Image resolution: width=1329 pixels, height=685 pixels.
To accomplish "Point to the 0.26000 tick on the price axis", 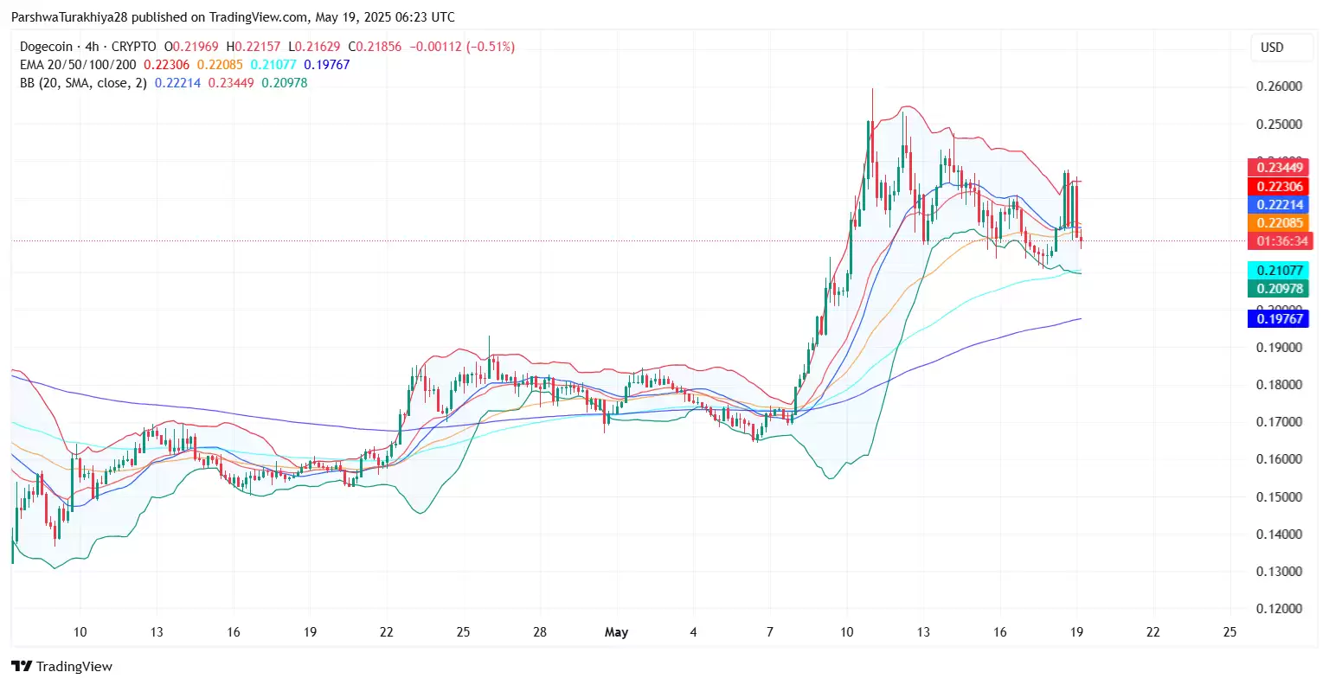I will pos(1279,86).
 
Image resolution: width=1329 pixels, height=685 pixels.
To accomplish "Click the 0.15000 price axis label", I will pos(1279,497).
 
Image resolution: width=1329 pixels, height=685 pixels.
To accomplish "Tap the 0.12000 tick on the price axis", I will pos(1279,609).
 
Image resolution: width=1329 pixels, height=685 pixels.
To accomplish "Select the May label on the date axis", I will pos(616,632).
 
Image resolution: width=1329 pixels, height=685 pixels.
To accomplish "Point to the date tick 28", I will pos(540,632).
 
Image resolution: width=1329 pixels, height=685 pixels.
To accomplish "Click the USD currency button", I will pos(1272,48).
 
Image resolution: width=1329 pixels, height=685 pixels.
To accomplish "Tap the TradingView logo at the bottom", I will pos(62,667).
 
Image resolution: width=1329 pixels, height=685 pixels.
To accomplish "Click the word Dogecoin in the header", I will pos(47,47).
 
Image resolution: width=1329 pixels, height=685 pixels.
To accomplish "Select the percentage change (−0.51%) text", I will pos(490,47).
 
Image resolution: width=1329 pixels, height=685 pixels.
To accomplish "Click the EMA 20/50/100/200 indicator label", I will pos(78,65).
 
